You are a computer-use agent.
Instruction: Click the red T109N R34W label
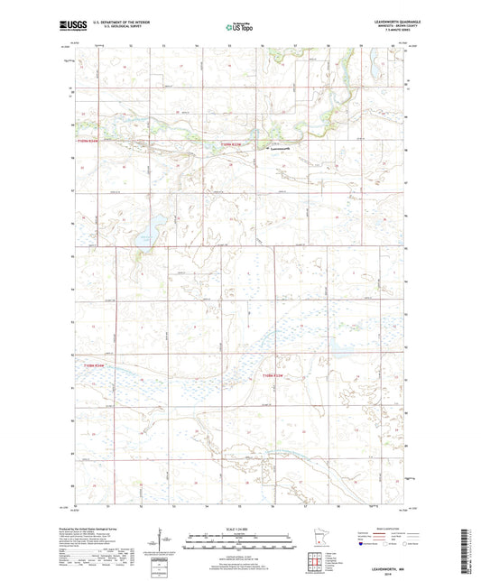click(x=88, y=141)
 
